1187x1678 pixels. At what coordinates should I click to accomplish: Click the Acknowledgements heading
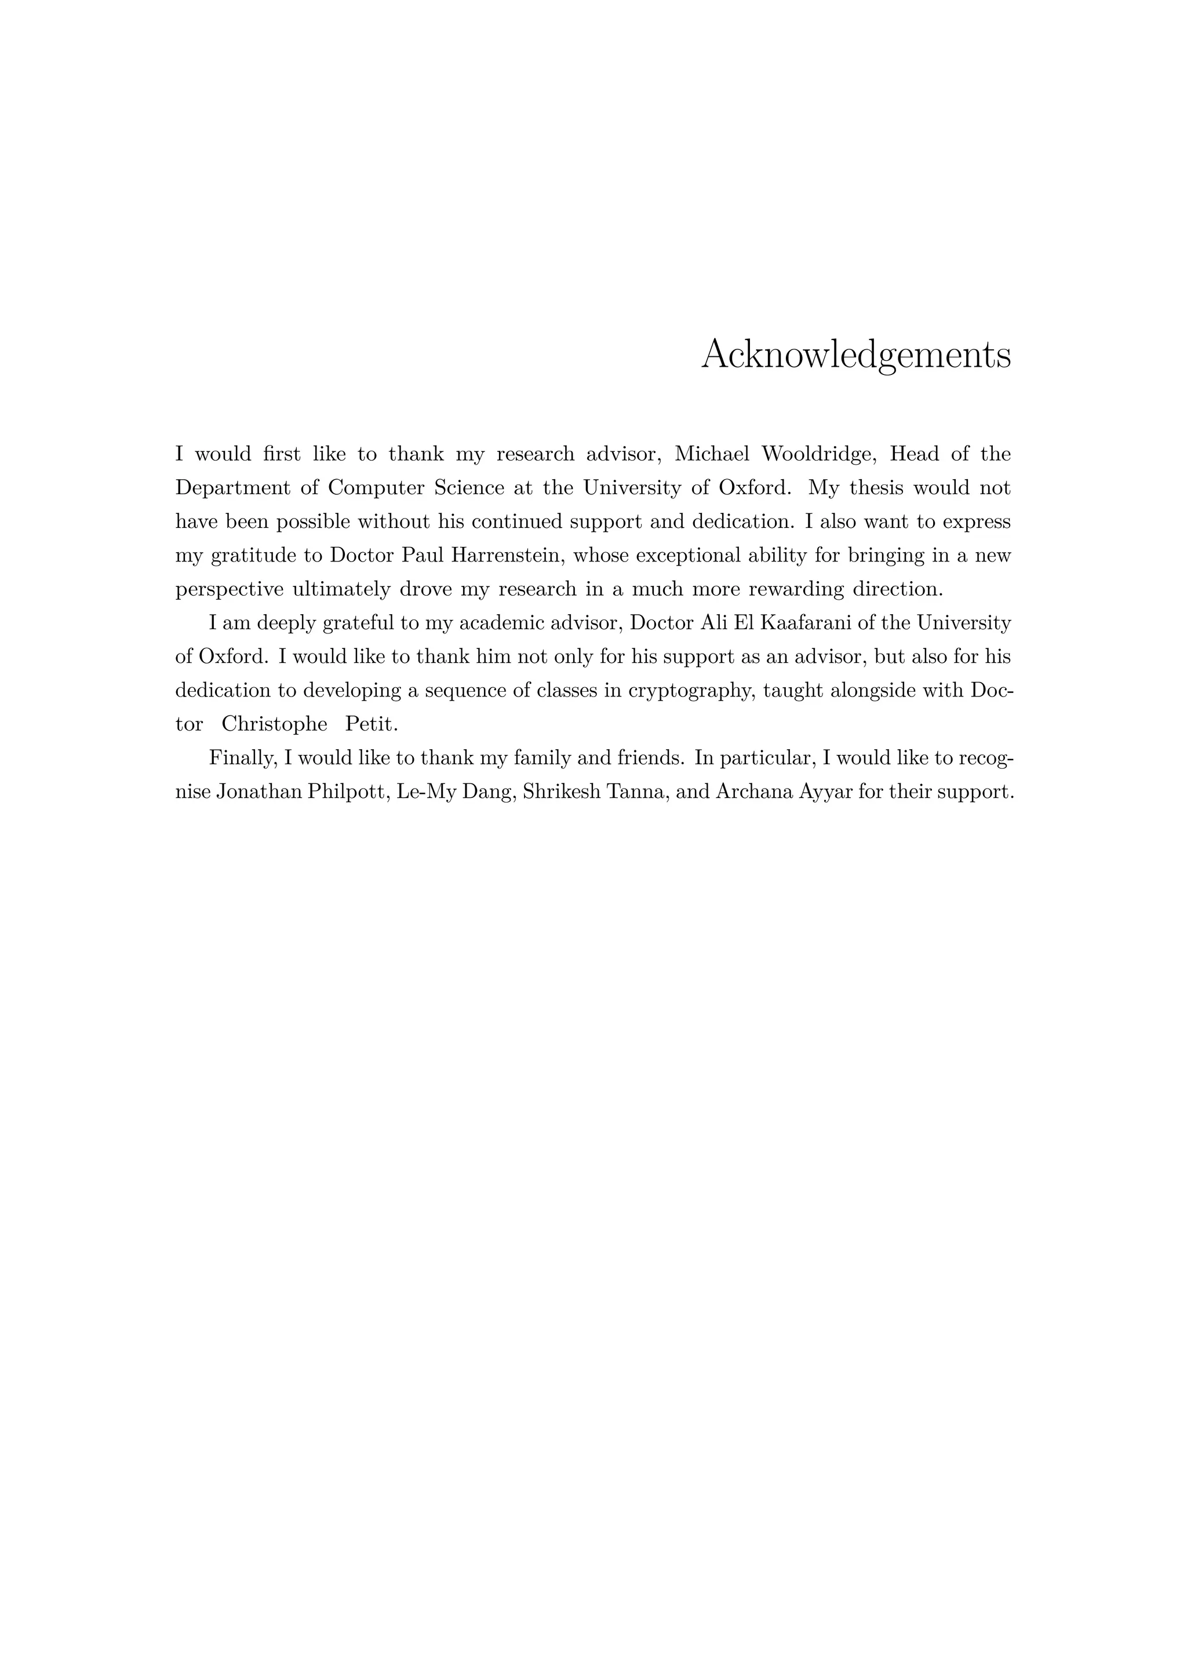856,355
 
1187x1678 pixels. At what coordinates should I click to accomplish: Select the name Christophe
274,725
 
